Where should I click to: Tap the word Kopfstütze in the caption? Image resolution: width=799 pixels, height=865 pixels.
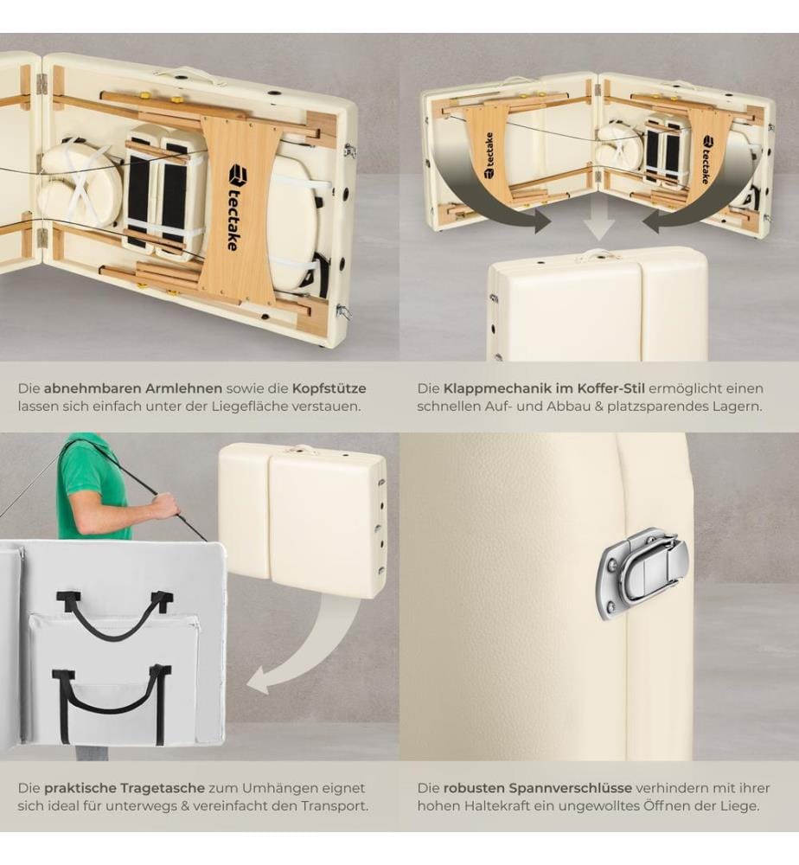click(x=329, y=388)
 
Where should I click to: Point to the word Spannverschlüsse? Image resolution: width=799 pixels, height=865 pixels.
click(x=573, y=788)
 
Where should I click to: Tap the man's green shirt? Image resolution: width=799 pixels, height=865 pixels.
click(x=93, y=485)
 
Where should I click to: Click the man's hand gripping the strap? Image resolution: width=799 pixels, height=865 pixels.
click(x=168, y=506)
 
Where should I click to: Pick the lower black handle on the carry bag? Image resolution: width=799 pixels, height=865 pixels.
click(x=112, y=702)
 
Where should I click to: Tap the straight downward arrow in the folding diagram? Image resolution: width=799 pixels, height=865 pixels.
click(x=599, y=219)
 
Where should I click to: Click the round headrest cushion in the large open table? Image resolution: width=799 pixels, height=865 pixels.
click(x=79, y=180)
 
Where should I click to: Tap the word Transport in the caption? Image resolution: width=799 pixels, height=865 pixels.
click(x=334, y=806)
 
